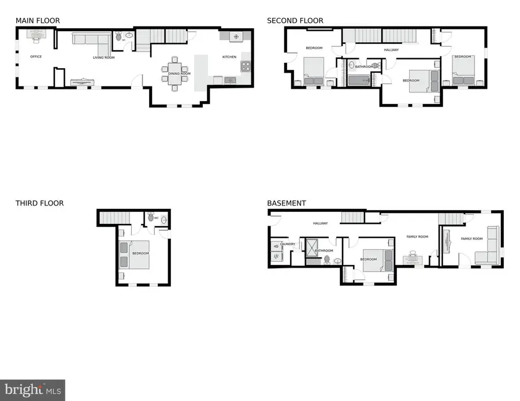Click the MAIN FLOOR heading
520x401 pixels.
[38, 21]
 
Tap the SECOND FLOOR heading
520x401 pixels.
[295, 21]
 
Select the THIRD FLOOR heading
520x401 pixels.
[39, 203]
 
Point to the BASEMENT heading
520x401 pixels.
[287, 203]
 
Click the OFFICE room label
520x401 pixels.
[36, 57]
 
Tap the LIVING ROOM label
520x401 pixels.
[104, 58]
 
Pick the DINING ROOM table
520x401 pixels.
[174, 73]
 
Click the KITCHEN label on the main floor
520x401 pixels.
[229, 57]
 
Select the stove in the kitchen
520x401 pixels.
[246, 66]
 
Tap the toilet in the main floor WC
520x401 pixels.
[119, 36]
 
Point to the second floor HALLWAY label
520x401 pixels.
[391, 50]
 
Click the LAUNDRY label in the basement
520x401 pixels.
[288, 244]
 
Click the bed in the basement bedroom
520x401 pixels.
[377, 256]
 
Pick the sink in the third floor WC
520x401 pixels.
[163, 219]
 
